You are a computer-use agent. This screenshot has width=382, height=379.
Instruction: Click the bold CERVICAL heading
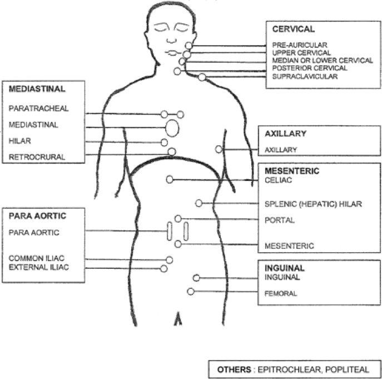click(x=294, y=29)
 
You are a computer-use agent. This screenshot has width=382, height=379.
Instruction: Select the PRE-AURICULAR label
click(x=300, y=45)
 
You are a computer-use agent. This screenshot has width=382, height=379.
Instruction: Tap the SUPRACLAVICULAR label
click(x=305, y=77)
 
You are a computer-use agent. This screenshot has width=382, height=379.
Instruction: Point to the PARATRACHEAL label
click(x=38, y=109)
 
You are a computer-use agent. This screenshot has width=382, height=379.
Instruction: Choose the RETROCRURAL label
click(x=37, y=157)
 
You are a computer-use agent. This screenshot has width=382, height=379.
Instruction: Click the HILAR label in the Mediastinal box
click(x=19, y=141)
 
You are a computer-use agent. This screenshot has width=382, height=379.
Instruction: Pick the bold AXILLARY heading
click(x=285, y=134)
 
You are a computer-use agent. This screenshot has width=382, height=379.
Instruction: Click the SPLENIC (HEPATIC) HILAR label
click(x=313, y=204)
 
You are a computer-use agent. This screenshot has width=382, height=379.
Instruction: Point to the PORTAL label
click(x=280, y=220)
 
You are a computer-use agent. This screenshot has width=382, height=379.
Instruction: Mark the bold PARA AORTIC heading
click(x=37, y=216)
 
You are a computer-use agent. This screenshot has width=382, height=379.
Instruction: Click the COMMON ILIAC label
click(x=36, y=258)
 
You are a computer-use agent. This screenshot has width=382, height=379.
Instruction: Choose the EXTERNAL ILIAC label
click(x=39, y=267)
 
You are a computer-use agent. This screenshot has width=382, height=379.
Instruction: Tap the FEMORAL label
click(x=281, y=293)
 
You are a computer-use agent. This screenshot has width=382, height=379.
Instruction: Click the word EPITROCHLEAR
click(x=289, y=370)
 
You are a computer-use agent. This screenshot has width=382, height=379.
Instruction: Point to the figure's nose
click(x=171, y=41)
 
